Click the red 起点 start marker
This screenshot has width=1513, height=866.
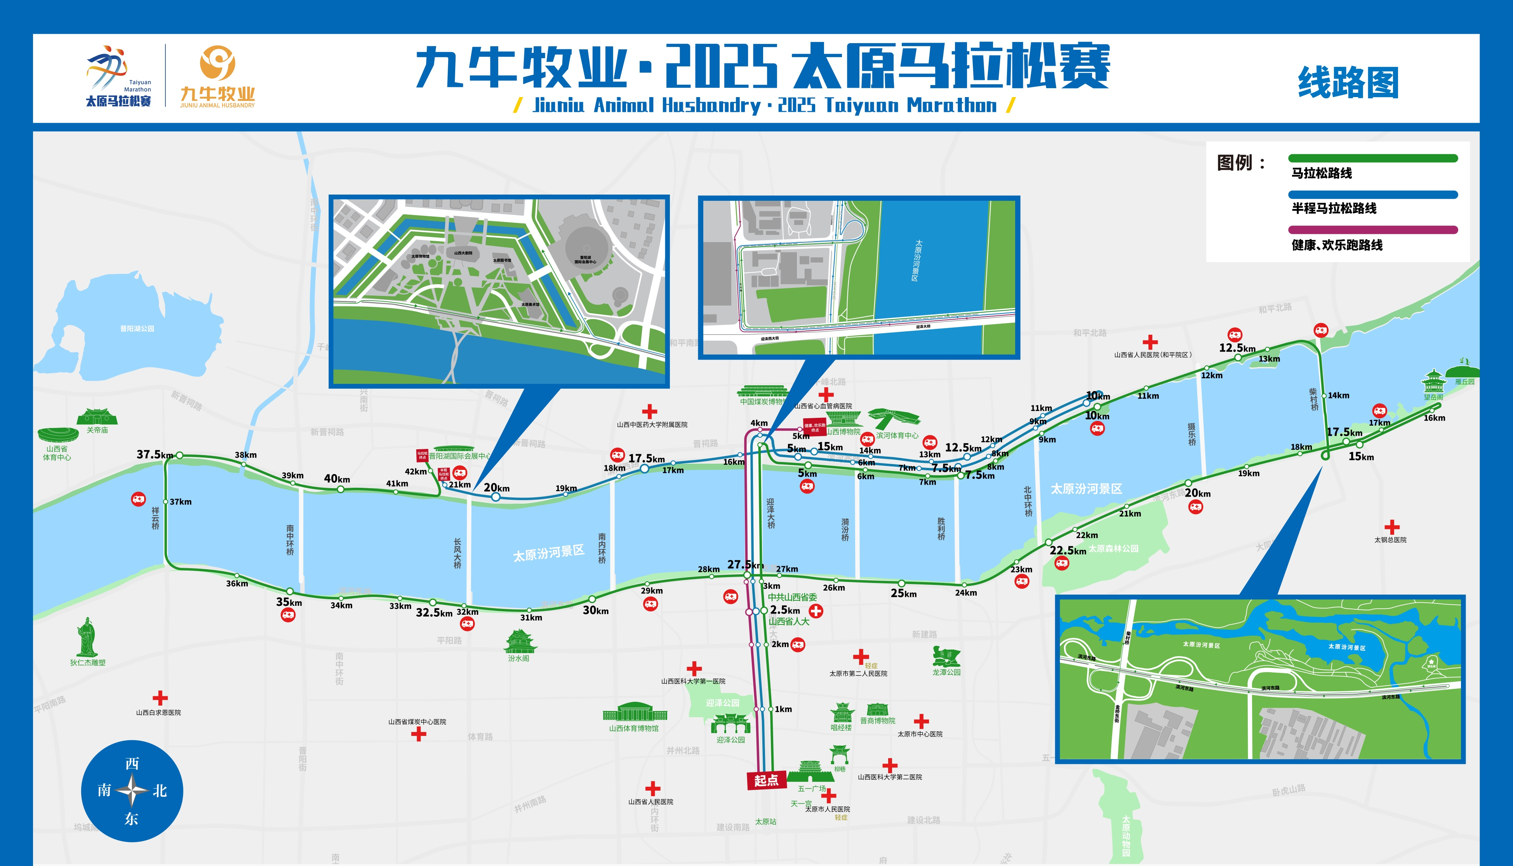[x=766, y=780]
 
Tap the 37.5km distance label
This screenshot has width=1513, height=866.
[x=155, y=454]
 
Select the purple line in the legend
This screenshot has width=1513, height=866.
[x=1373, y=230]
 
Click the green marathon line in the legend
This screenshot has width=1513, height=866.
[x=1373, y=158]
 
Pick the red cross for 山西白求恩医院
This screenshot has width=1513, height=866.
[x=160, y=698]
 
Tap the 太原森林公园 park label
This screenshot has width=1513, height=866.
[x=1113, y=548]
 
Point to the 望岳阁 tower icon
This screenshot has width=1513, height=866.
[x=1433, y=381]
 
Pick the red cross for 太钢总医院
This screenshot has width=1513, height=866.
[x=1392, y=527]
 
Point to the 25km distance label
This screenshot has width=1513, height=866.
[x=903, y=593]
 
